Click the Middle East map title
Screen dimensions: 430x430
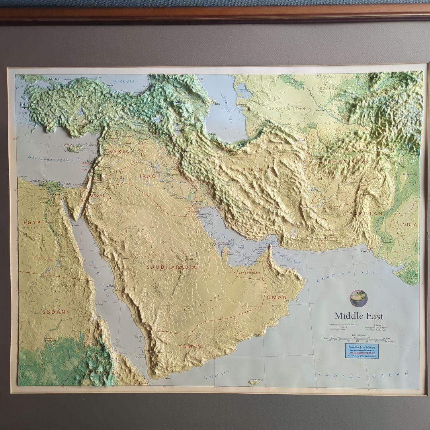pos(358,316)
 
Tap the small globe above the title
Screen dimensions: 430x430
pos(358,298)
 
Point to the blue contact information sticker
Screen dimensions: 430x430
pos(362,351)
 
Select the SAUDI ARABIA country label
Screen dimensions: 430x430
pos(171,267)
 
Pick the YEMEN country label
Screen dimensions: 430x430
pos(190,346)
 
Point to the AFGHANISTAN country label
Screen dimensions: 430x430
pos(343,162)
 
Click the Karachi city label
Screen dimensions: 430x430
pos(365,251)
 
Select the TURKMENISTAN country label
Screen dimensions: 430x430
pos(285,108)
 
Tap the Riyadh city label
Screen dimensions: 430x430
pos(190,259)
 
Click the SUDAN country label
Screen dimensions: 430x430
pos(53,312)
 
